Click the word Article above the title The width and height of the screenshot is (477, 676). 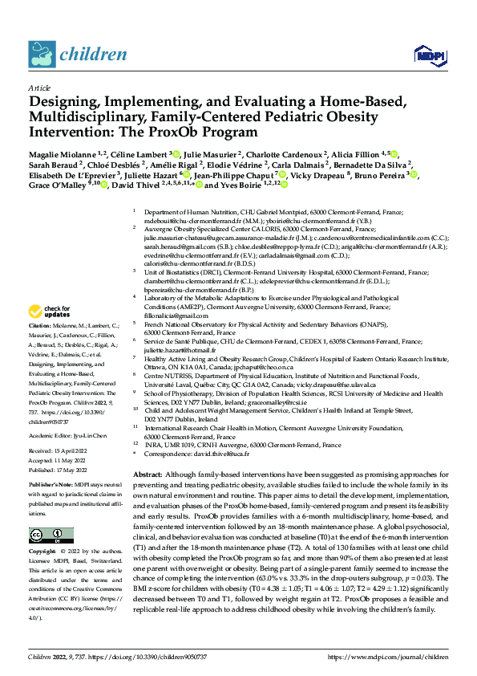click(x=39, y=88)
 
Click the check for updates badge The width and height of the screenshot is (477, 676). click(x=50, y=312)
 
